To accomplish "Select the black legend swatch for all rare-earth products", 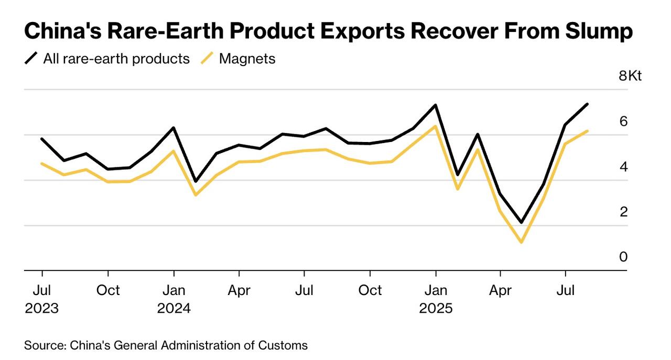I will (x=32, y=59).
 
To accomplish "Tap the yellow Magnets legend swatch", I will (x=208, y=59).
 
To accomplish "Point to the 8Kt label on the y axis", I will (x=630, y=76).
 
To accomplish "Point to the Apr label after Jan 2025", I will (x=500, y=290).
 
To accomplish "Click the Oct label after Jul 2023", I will (x=108, y=290).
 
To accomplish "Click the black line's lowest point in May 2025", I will (x=521, y=223).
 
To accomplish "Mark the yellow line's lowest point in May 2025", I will (x=521, y=242).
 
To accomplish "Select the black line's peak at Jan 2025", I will (x=436, y=105).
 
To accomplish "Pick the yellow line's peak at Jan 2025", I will (x=435, y=126).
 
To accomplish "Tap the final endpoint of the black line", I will (x=587, y=104).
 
